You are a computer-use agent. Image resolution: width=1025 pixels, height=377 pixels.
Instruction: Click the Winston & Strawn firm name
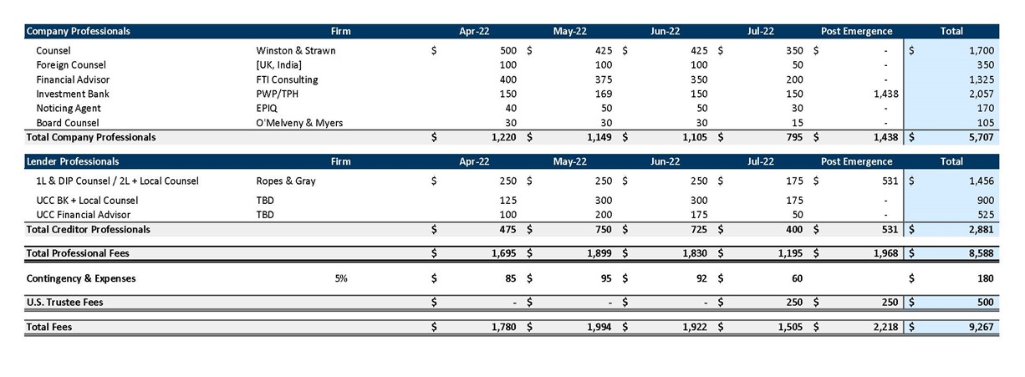point(295,50)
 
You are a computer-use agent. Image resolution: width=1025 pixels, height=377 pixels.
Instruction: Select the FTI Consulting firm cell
point(287,79)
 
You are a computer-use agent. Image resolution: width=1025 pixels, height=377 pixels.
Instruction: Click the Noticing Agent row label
point(68,109)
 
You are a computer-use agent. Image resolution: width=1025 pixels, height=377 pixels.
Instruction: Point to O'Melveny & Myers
point(299,123)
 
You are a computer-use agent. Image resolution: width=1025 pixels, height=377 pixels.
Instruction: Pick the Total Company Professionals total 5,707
point(981,137)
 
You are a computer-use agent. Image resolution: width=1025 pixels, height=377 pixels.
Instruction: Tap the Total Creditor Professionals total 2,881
point(981,229)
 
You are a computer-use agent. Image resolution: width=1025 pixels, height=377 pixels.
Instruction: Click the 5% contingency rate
point(340,278)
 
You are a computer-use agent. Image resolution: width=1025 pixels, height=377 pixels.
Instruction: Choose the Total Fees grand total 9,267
point(981,328)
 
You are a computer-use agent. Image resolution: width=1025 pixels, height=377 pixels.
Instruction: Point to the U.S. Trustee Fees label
point(64,303)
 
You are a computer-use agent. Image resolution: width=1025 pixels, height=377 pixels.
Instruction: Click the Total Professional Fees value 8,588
point(981,253)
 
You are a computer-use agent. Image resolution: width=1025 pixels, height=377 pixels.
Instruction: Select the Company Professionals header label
point(79,31)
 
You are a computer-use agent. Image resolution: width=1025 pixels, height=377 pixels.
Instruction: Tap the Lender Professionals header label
point(73,161)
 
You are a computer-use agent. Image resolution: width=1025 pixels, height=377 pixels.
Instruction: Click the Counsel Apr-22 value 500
point(508,50)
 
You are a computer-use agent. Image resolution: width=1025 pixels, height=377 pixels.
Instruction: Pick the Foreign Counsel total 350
point(985,65)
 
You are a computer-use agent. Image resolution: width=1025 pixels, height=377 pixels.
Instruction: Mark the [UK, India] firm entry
point(279,65)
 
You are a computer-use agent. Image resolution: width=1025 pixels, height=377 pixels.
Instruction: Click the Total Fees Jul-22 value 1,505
point(790,328)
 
